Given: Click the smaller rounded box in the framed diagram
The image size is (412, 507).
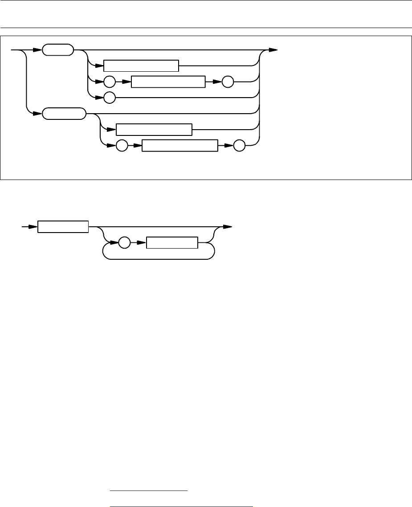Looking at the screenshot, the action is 58,50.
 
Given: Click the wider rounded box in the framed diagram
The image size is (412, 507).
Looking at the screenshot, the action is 64,114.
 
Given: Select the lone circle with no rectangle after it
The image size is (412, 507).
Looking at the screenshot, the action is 109,97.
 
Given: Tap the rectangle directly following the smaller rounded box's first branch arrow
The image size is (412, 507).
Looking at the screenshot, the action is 141,65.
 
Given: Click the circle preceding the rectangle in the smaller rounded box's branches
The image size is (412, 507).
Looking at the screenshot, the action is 109,82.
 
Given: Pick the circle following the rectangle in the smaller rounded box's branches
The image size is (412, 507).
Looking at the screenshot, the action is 228,82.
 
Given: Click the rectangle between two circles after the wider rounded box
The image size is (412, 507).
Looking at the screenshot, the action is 180,146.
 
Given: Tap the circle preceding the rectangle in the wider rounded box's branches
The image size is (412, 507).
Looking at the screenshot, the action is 122,146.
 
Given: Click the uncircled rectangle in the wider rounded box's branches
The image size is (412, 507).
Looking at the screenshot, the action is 154,130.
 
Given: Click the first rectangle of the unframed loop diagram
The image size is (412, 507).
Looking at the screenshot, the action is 63,227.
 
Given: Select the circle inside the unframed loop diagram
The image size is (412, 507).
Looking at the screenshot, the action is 125,243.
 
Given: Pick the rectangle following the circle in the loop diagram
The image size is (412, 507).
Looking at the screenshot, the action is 172,243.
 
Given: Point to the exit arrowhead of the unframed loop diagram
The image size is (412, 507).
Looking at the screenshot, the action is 228,227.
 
